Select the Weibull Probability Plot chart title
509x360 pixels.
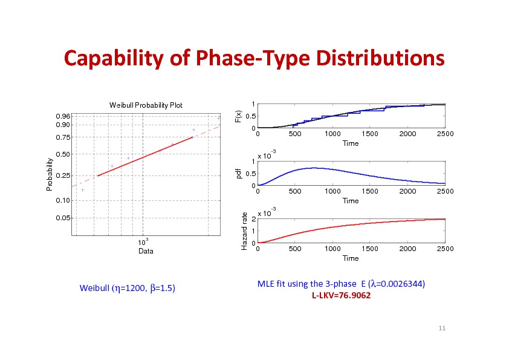tap(146, 106)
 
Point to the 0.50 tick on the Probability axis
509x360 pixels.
tap(62, 154)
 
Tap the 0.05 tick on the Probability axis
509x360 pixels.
tap(62, 217)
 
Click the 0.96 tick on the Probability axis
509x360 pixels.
tap(62, 116)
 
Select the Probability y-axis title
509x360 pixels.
tap(50, 175)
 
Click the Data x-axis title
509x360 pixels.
tap(146, 250)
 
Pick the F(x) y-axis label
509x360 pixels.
tap(239, 115)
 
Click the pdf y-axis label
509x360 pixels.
tap(239, 174)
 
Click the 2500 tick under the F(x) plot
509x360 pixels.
tap(444, 134)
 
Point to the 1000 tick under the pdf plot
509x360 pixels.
tap(331, 192)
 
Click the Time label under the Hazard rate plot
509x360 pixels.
tap(351, 258)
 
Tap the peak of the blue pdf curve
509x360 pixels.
tap(312, 168)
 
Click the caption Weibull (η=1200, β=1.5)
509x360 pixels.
tap(128, 288)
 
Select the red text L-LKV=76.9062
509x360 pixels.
tap(341, 296)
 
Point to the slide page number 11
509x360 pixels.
tap(442, 328)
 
